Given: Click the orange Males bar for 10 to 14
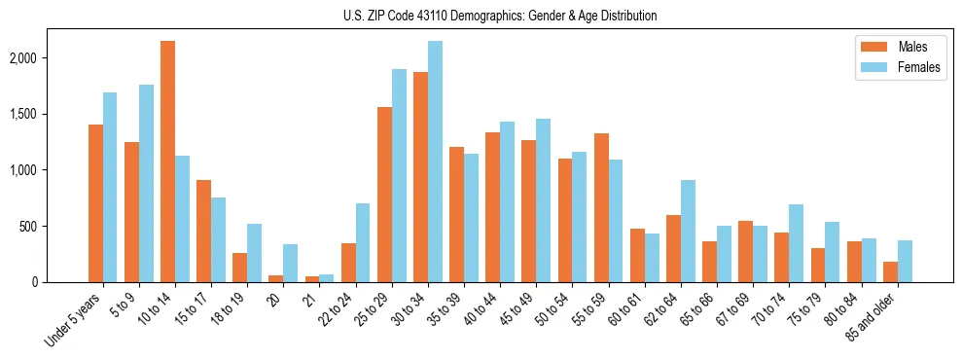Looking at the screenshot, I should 167,162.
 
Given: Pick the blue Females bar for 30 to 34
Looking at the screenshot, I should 435,162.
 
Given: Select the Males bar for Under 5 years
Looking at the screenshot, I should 95,203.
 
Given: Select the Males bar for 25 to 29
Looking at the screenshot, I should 384,195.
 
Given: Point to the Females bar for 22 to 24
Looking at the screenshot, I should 363,243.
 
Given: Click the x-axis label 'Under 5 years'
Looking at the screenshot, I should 74,320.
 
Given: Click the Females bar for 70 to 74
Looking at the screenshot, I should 797,243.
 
